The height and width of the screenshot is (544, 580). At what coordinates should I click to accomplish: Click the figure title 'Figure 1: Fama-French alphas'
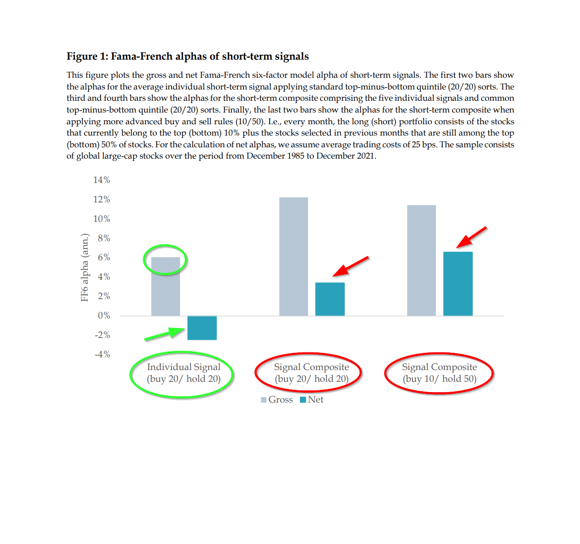point(187,56)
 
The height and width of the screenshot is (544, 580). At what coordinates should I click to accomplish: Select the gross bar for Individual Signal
point(165,286)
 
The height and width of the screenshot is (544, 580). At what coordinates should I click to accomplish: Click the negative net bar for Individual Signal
point(202,328)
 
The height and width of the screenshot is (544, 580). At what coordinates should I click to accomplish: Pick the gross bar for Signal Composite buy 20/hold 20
point(294,256)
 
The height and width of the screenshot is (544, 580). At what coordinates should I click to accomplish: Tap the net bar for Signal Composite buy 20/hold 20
point(330,299)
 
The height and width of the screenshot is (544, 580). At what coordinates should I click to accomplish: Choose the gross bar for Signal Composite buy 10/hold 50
point(421,260)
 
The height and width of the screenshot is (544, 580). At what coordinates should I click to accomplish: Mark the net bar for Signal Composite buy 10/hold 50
point(458,284)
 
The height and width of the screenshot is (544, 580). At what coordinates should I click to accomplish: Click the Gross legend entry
point(277,400)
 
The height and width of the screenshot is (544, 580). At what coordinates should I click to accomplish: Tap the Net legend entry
point(312,400)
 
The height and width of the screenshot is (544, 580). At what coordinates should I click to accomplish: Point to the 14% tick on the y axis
point(102,180)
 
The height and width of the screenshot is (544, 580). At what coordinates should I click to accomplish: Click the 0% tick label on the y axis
point(104,316)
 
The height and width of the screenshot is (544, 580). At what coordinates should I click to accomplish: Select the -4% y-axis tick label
point(103,354)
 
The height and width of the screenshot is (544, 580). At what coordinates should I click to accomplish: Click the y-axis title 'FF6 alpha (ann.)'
point(84,267)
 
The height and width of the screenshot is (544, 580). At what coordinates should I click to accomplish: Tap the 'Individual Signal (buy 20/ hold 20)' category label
point(183,373)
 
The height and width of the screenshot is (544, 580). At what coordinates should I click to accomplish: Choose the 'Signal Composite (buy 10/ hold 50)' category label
point(440,373)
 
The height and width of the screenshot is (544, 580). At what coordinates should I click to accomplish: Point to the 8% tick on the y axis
point(104,238)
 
